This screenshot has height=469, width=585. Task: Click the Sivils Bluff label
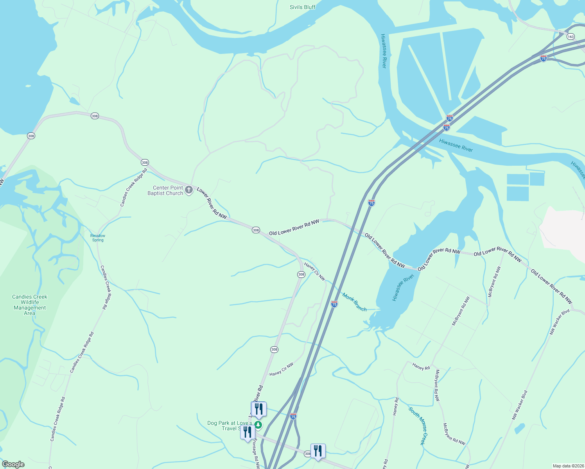302,7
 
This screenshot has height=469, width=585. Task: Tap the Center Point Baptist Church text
165,190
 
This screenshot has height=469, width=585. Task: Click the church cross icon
189,190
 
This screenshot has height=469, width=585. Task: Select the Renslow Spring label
98,238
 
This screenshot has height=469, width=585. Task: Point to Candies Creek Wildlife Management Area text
30,305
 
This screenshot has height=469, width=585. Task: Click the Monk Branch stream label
354,302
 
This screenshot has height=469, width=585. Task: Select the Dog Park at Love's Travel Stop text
230,426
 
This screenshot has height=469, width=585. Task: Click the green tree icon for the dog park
258,425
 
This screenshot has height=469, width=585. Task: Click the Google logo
13,464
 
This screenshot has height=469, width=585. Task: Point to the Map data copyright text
568,466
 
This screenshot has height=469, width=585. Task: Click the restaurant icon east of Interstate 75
318,451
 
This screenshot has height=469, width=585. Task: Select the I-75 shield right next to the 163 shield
543,58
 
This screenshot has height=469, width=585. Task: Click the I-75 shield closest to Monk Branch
334,304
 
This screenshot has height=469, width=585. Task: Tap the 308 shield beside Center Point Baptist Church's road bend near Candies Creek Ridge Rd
145,162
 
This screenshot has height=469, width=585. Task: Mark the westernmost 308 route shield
31,136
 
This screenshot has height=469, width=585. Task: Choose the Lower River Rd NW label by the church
212,203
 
